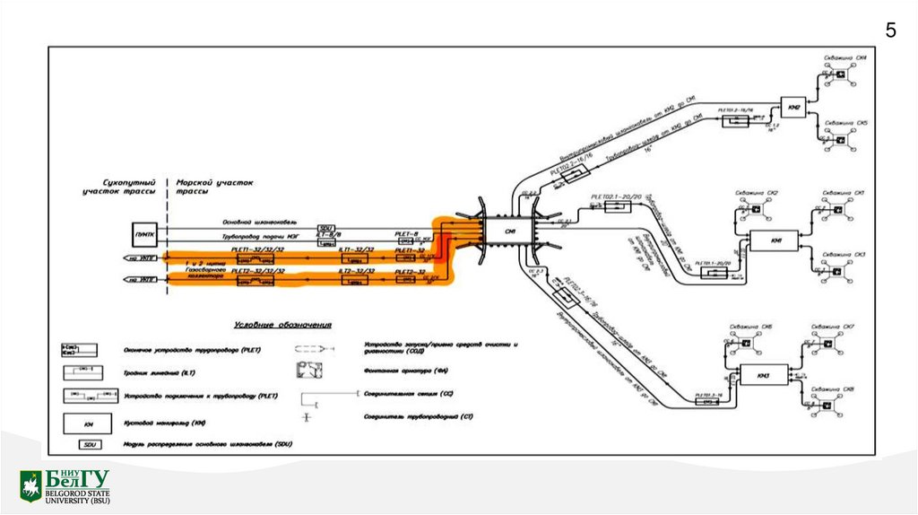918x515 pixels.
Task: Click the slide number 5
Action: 890,31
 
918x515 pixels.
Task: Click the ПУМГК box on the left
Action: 145,235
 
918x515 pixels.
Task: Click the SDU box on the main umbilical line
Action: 327,228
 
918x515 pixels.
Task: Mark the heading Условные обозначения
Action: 282,323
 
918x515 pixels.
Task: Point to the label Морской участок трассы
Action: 215,186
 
